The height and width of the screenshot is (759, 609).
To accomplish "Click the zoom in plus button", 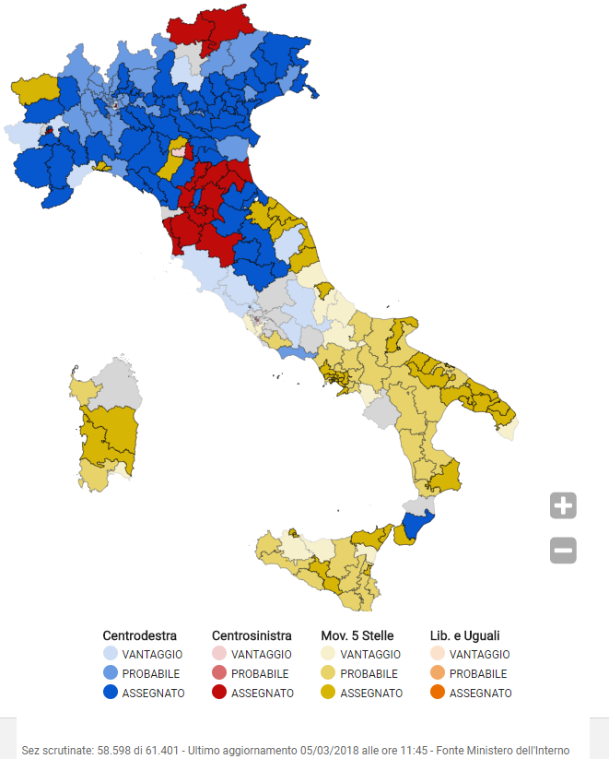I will [563, 505].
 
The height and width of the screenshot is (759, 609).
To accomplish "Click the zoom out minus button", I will [563, 551].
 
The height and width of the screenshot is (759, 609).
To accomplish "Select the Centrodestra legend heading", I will [139, 635].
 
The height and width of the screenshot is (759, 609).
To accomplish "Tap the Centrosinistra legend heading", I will [252, 635].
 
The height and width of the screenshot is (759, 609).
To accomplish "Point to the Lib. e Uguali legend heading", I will [465, 635].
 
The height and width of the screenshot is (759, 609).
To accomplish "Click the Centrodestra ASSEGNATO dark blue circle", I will [111, 693].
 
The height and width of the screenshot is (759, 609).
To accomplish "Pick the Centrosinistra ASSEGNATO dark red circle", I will [219, 693].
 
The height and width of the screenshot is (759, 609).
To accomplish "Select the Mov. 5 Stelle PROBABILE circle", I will [328, 673].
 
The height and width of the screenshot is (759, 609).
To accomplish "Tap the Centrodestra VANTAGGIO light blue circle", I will [111, 654].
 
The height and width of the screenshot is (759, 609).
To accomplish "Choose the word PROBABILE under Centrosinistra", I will [260, 673].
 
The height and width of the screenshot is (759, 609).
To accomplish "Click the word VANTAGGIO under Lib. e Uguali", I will [479, 654].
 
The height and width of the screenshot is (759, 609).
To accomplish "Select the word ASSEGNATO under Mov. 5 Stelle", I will [371, 693].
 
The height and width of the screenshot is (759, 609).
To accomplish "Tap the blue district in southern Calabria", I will [416, 529].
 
